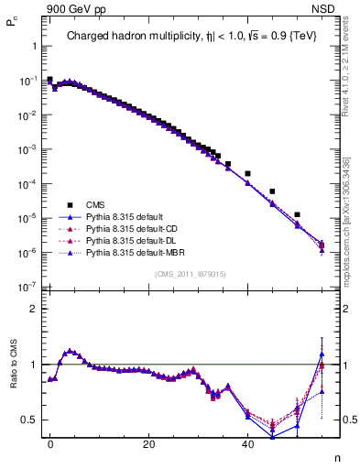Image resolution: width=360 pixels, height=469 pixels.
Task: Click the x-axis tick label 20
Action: coord(148,444)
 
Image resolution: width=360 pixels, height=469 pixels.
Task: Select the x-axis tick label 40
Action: coord(247,444)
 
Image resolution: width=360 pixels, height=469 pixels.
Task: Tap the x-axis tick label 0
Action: coord(50,444)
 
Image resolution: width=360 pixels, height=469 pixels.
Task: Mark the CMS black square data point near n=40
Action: coord(247,173)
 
